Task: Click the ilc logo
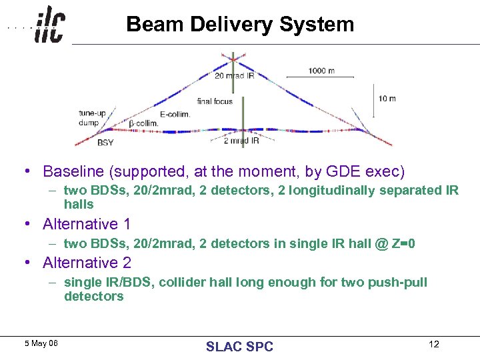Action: point(49,25)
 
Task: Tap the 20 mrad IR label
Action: point(234,76)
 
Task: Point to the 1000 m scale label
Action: point(321,71)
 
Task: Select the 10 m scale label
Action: point(387,99)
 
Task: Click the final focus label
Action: point(215,101)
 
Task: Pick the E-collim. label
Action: point(175,114)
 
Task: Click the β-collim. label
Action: point(143,123)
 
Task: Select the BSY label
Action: point(105,143)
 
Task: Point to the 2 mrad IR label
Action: point(241,141)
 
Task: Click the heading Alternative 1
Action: point(87,224)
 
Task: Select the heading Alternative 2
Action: point(87,263)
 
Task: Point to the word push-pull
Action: point(399,282)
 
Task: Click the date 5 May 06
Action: point(41,343)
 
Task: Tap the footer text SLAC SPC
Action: point(239,346)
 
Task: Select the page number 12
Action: point(434,344)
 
